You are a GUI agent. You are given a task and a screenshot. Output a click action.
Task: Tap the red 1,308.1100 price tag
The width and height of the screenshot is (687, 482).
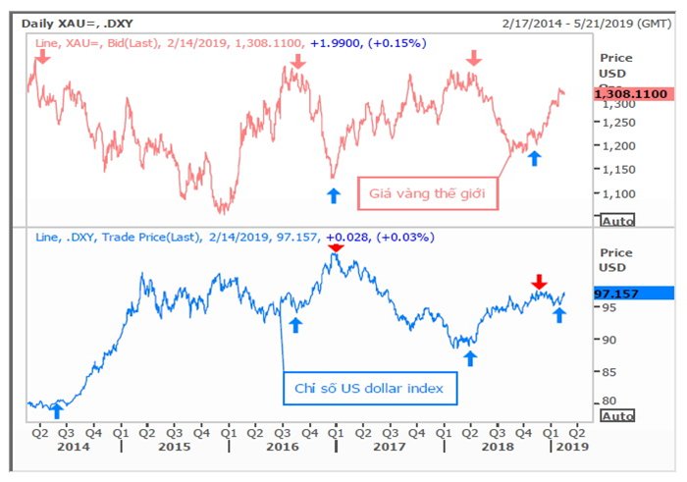pos(632,93)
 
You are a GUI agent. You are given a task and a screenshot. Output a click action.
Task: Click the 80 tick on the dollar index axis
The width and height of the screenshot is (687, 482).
pos(608,401)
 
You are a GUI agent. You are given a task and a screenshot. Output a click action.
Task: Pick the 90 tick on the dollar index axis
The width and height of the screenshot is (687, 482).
pos(608,340)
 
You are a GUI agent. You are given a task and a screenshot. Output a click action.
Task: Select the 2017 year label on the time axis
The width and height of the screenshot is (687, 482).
pos(389,447)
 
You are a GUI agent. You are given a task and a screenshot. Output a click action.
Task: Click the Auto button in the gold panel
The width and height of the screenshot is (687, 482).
pos(617,219)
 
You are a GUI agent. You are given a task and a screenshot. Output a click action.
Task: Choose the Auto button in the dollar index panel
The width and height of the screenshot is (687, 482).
pos(617,416)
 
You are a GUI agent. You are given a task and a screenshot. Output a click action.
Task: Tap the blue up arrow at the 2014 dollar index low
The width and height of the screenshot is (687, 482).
pos(56,411)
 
